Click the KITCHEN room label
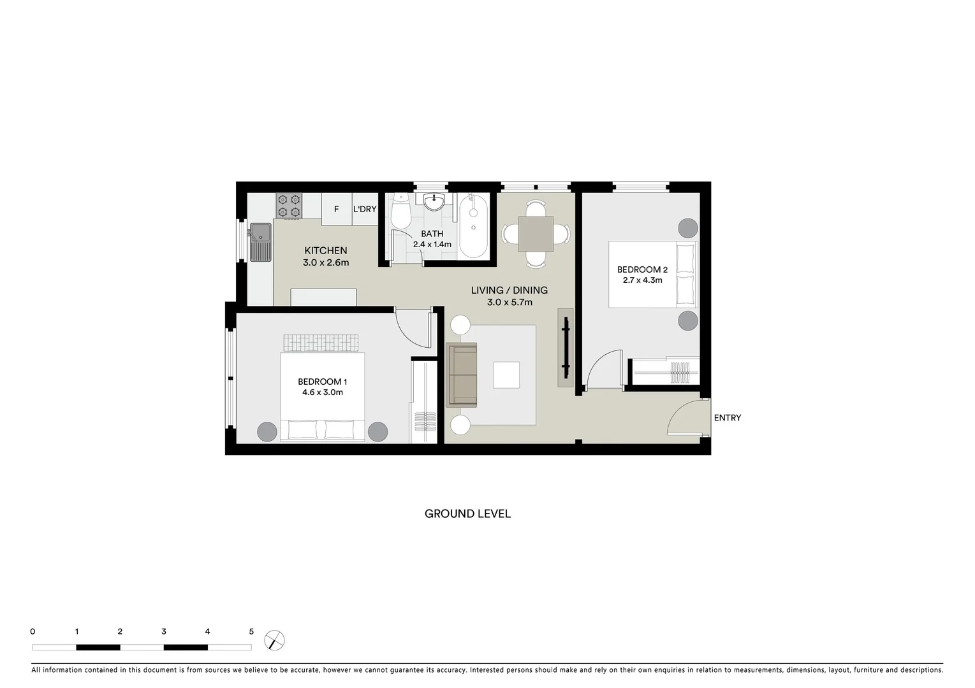325,250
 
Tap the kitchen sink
260,242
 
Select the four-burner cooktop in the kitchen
289,206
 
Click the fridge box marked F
337,209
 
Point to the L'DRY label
365,209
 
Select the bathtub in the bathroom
473,226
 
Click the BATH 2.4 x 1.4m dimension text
432,244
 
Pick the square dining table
536,234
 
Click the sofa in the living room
462,375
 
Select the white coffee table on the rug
506,375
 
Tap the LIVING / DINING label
509,290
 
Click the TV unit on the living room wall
565,347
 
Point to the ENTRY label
727,418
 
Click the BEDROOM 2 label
642,269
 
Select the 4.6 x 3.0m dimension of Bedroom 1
322,392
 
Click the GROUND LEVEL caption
467,513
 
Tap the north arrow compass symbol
274,640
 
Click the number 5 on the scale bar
251,632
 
